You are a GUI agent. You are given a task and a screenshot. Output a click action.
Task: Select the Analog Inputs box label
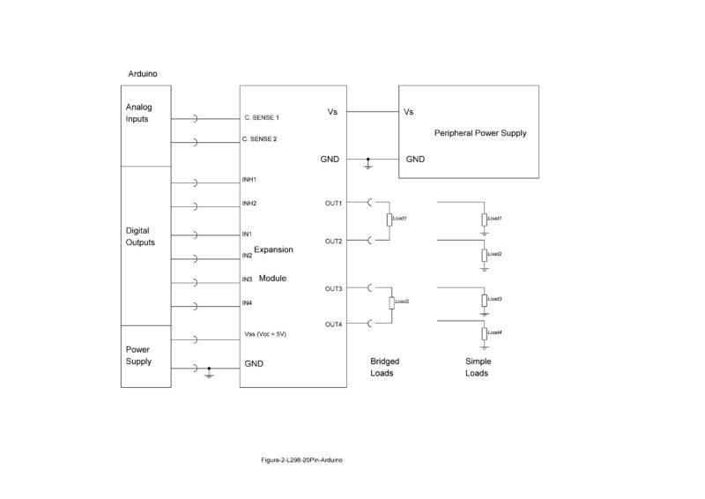point(139,113)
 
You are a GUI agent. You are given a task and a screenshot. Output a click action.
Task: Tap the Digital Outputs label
point(140,236)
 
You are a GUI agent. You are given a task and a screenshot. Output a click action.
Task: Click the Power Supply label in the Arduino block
point(139,355)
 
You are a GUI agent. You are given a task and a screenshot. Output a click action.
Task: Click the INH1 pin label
point(249,180)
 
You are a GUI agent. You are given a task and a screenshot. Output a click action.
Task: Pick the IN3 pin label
point(248,279)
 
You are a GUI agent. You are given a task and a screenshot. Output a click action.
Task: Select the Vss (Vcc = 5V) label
point(266,335)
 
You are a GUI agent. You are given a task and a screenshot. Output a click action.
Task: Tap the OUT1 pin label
point(333,203)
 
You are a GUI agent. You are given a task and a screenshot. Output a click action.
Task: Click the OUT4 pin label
point(333,324)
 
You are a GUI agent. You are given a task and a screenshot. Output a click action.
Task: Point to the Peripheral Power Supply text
point(480,133)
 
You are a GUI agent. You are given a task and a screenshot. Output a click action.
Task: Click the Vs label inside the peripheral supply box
point(408,112)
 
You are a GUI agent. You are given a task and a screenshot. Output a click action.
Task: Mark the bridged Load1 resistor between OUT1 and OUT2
point(389,220)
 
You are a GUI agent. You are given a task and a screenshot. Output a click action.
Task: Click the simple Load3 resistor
point(484,301)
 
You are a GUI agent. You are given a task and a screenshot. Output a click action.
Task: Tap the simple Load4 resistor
point(484,333)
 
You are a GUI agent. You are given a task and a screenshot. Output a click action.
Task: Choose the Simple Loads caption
point(477,368)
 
